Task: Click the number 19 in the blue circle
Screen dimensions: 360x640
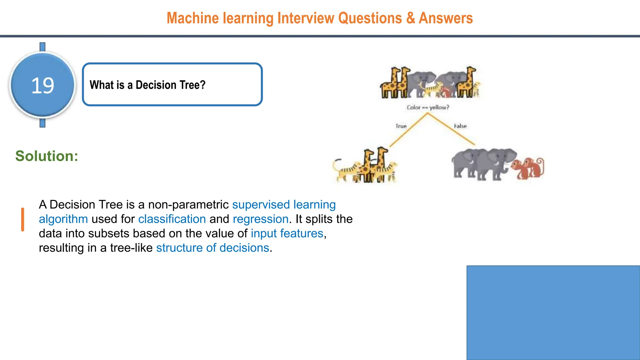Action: [x=43, y=85]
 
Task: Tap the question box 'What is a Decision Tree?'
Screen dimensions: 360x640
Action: [x=172, y=84]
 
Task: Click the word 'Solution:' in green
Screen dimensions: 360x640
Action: [x=47, y=156]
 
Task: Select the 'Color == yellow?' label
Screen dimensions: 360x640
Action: [x=428, y=107]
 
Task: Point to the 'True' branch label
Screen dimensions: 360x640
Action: [x=401, y=126]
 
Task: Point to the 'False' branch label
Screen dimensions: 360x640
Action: [x=460, y=126]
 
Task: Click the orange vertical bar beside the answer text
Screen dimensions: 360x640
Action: [x=22, y=219]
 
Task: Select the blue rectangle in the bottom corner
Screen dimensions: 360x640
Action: [x=553, y=312]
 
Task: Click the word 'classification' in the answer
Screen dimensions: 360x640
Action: [x=172, y=219]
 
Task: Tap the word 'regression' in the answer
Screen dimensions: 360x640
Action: [x=260, y=219]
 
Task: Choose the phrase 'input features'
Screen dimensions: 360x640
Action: [x=287, y=233]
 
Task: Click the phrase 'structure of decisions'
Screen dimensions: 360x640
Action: [x=212, y=248]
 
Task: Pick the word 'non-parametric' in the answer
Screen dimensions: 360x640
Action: [x=188, y=205]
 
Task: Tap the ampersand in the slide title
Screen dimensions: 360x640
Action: [x=410, y=18]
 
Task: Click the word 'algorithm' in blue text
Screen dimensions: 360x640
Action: [x=63, y=219]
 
